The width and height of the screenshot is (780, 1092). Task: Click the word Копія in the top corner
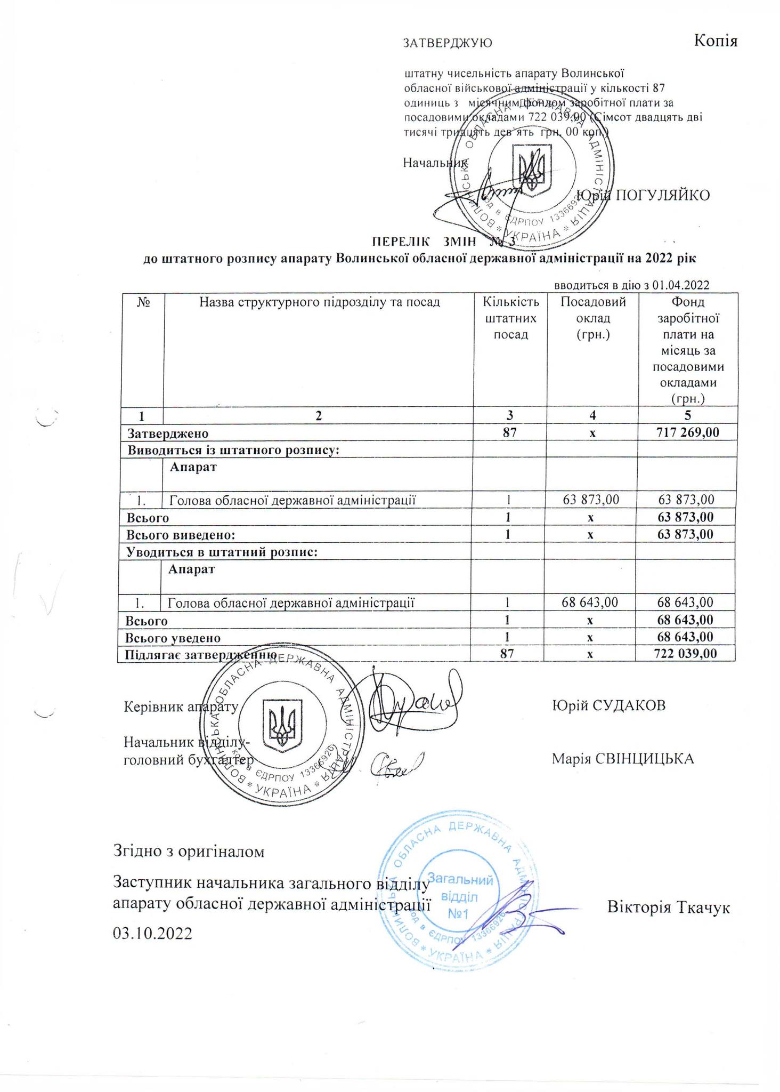pos(716,41)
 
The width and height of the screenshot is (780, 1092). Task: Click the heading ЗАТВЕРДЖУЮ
pos(448,43)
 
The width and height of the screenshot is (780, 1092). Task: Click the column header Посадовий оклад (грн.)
pos(592,318)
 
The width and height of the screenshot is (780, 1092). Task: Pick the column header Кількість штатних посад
pos(510,318)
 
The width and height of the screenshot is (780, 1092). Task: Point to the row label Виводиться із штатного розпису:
pos(233,449)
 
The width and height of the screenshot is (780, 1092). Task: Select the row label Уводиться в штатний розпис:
pos(222,552)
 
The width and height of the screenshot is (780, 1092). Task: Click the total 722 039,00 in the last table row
pos(685,653)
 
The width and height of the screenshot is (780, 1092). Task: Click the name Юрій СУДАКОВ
pos(608,705)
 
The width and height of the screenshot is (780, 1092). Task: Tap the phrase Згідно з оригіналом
pos(189,851)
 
